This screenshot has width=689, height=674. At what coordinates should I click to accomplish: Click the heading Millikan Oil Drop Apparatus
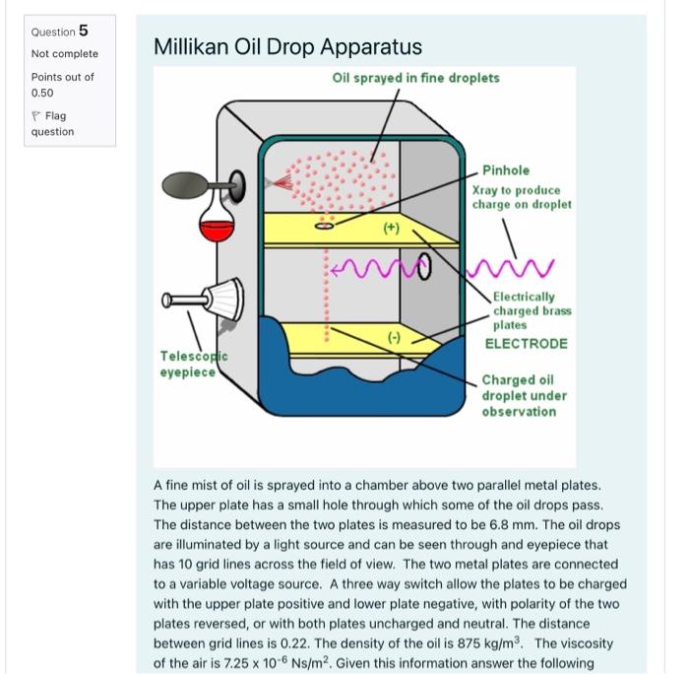[x=287, y=46]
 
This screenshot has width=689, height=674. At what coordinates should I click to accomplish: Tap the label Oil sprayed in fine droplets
[x=415, y=78]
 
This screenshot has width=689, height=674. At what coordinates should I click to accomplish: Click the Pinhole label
[x=506, y=170]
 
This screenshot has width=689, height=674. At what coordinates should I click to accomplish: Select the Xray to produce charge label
[x=517, y=197]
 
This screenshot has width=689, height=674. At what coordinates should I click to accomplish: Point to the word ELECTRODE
[x=526, y=343]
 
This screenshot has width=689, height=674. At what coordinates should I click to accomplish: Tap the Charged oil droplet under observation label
[x=524, y=395]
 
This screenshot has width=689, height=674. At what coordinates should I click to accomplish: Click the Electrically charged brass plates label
[x=531, y=309]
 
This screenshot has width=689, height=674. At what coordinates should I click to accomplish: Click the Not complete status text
[x=64, y=53]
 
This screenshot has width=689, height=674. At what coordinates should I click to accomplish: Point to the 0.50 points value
[x=42, y=93]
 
